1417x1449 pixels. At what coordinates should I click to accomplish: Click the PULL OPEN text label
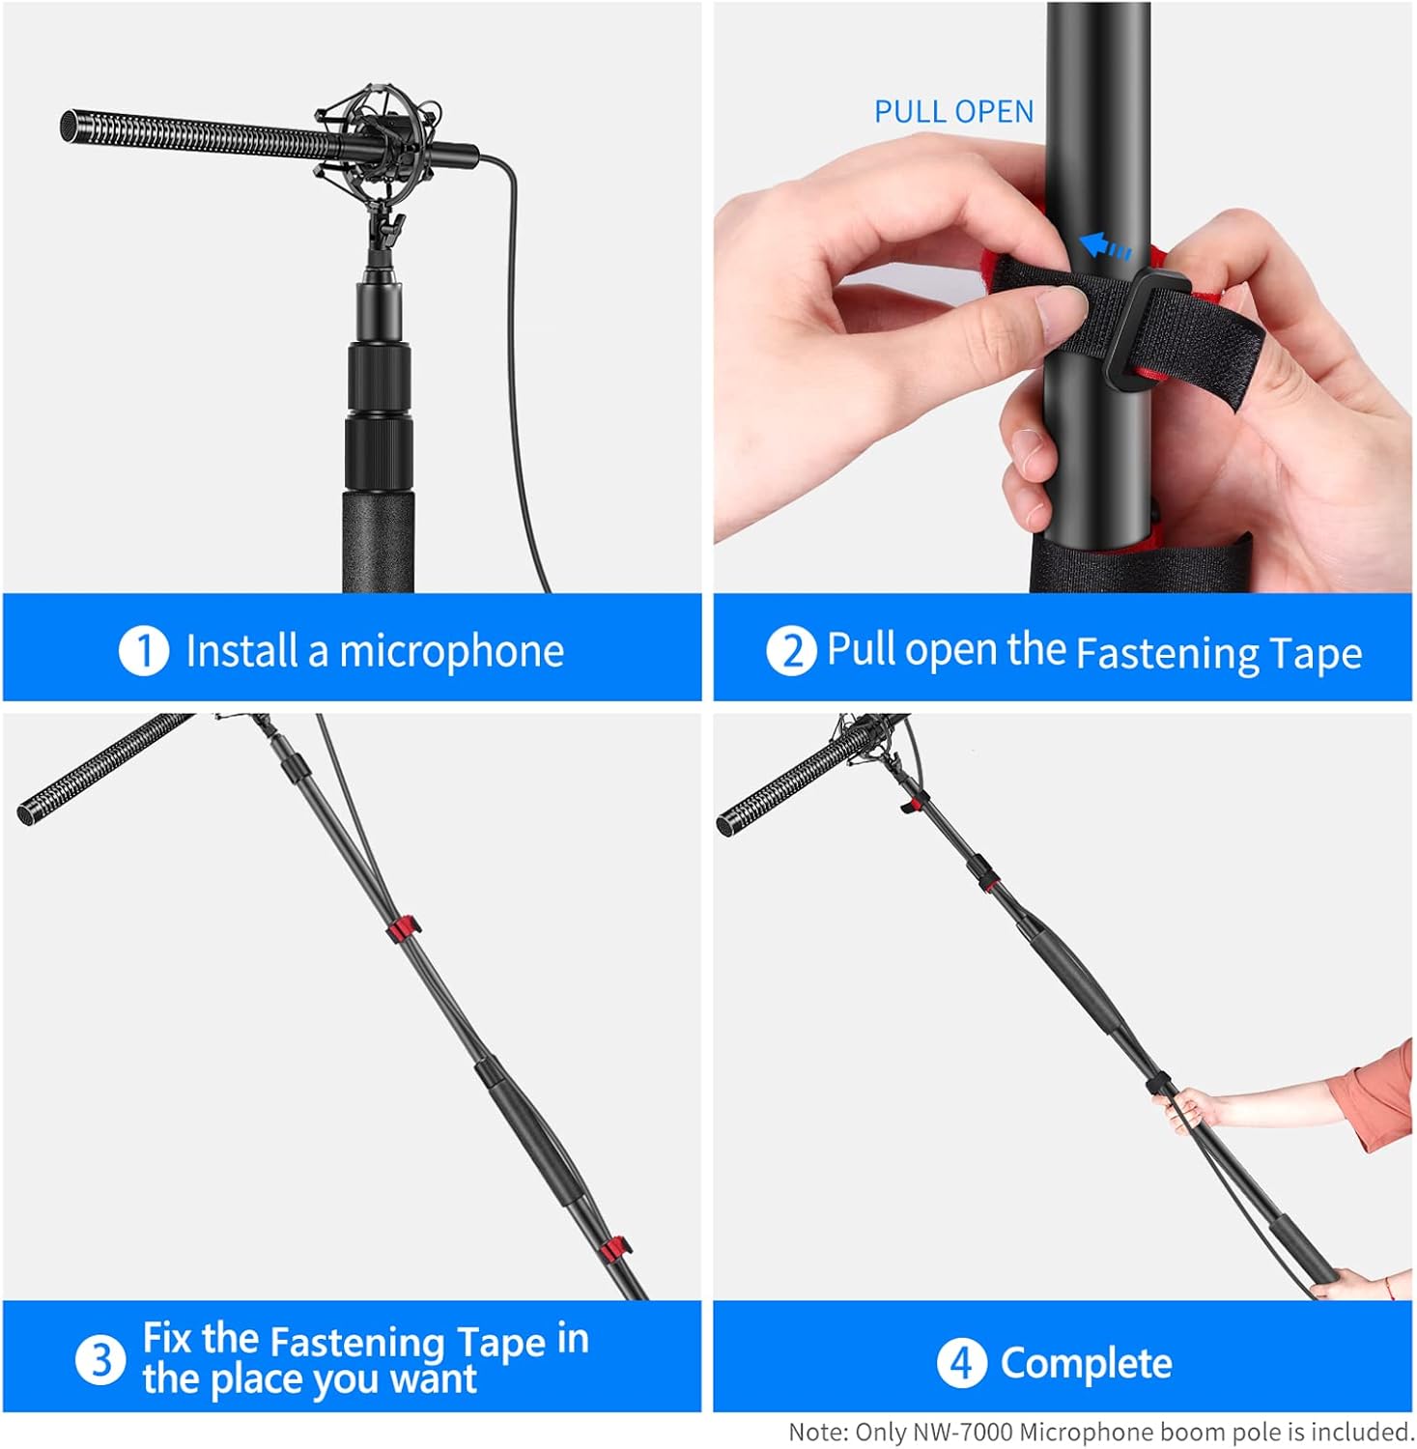953,112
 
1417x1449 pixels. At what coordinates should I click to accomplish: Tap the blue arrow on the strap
1103,246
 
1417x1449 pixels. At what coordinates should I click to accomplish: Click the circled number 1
144,650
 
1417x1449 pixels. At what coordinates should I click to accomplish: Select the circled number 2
791,650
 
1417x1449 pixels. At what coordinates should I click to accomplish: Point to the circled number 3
100,1360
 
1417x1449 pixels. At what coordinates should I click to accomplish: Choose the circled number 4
961,1363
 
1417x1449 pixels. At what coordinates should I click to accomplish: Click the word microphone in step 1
451,651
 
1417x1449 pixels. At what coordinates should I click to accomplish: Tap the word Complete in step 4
1086,1363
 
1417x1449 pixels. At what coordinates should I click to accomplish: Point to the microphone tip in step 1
68,126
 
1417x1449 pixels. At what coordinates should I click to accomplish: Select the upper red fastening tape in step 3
404,929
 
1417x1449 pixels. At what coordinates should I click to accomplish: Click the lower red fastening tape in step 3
614,1250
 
